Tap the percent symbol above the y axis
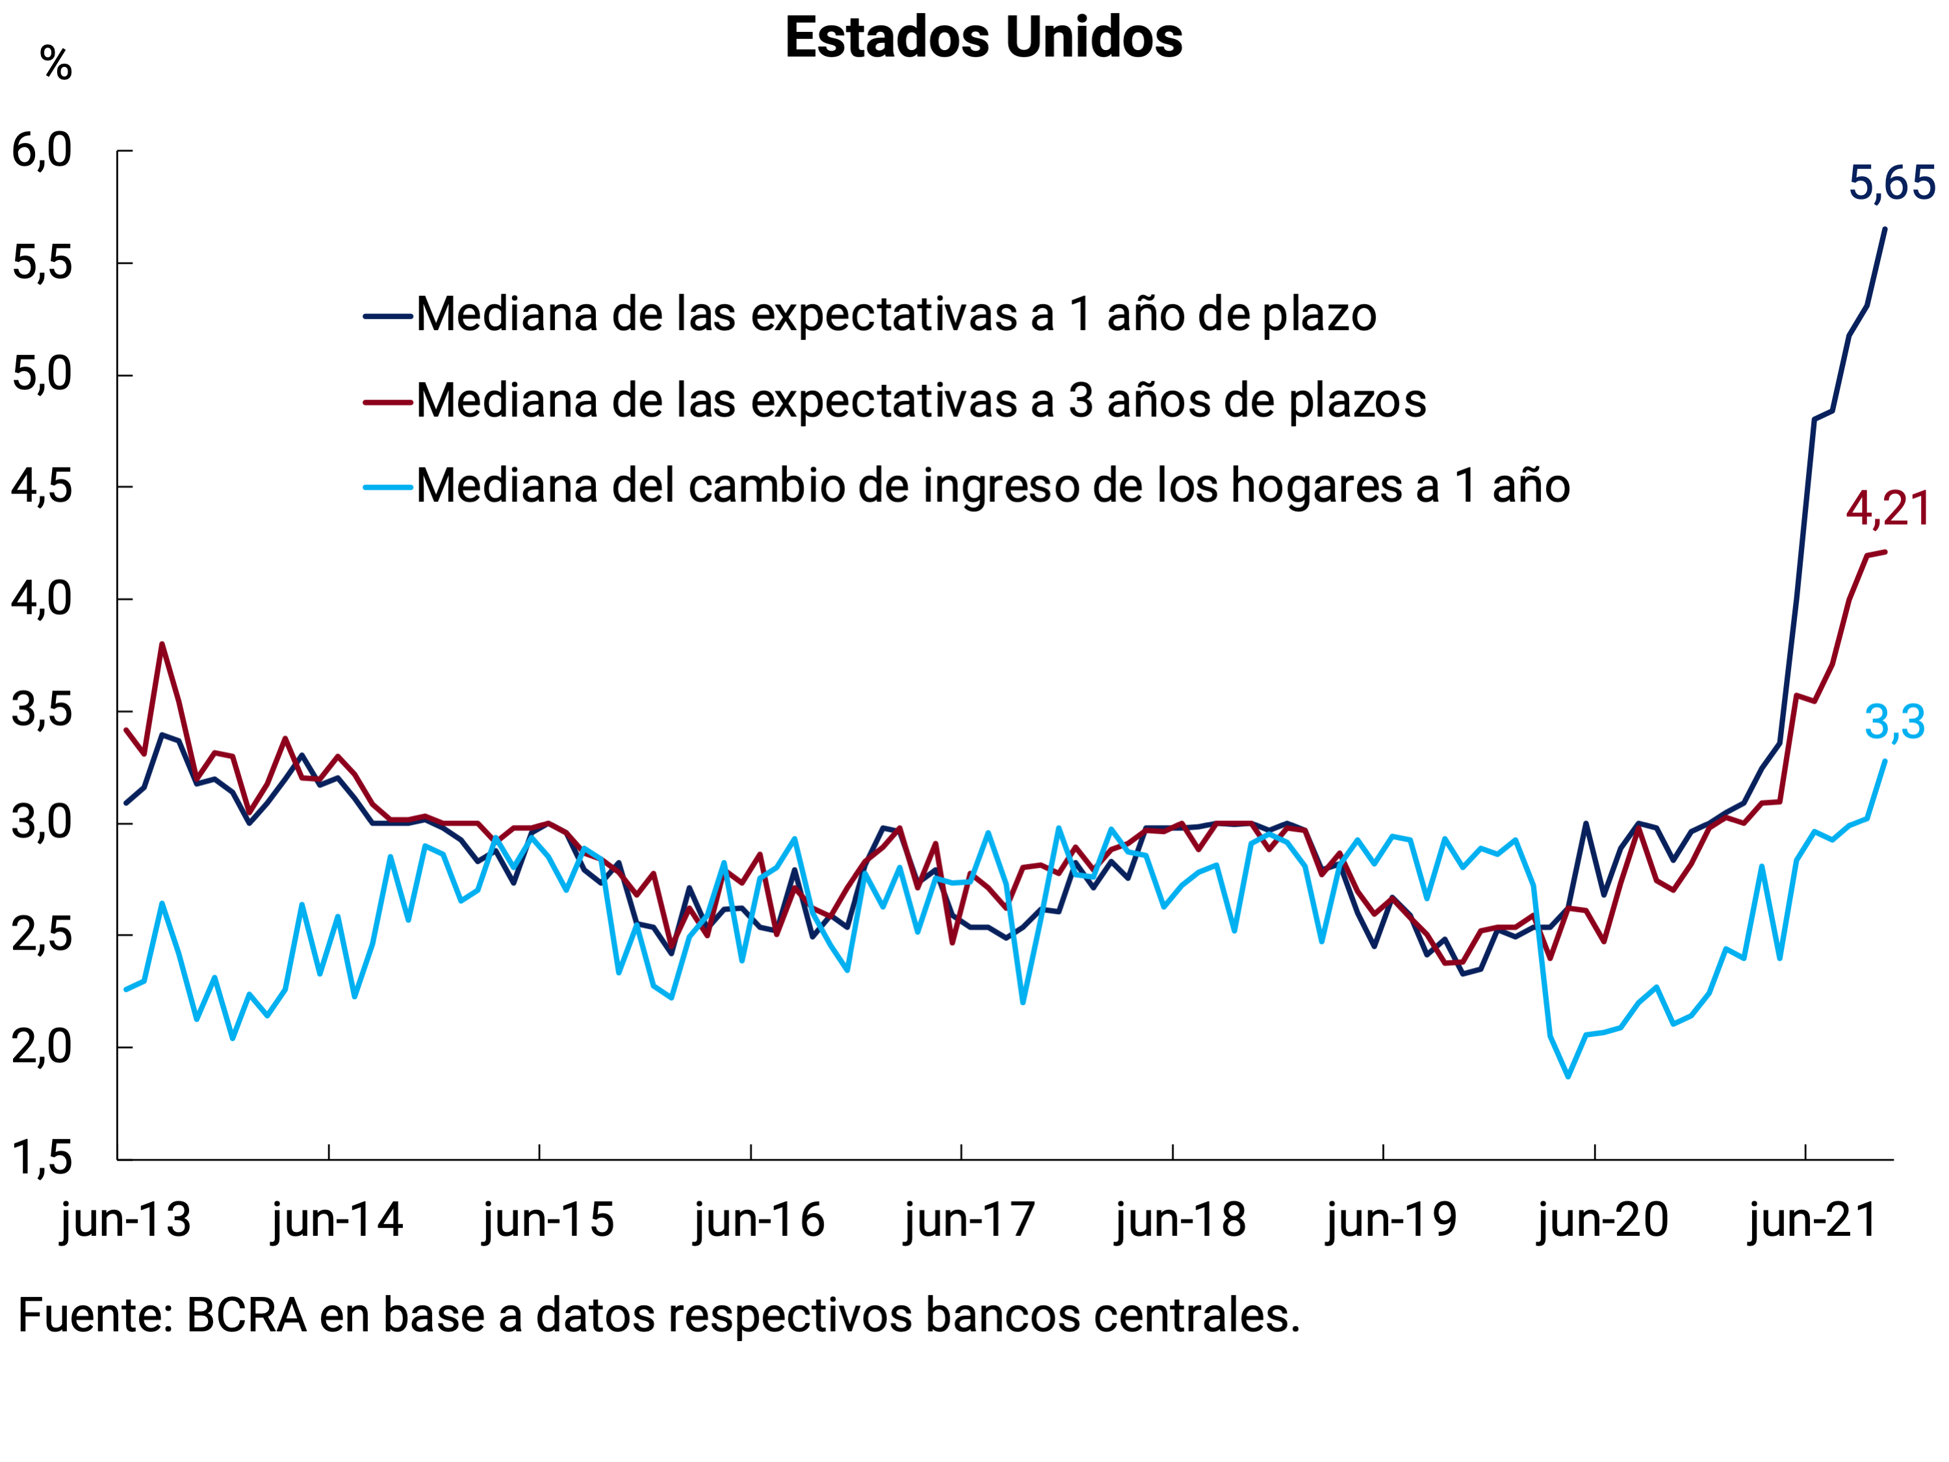55,64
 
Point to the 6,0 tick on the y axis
42,151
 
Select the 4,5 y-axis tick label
42,486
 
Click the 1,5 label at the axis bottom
42,1158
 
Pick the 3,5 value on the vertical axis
42,711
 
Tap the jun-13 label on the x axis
125,1221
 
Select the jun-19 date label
1391,1221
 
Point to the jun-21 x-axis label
1813,1221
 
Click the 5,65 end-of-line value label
1891,184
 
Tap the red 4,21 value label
1888,510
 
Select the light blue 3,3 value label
1894,723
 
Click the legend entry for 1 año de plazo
895,315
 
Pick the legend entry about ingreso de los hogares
992,486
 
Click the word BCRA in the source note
247,1316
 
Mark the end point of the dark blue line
1885,229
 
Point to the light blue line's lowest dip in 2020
1568,1076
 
